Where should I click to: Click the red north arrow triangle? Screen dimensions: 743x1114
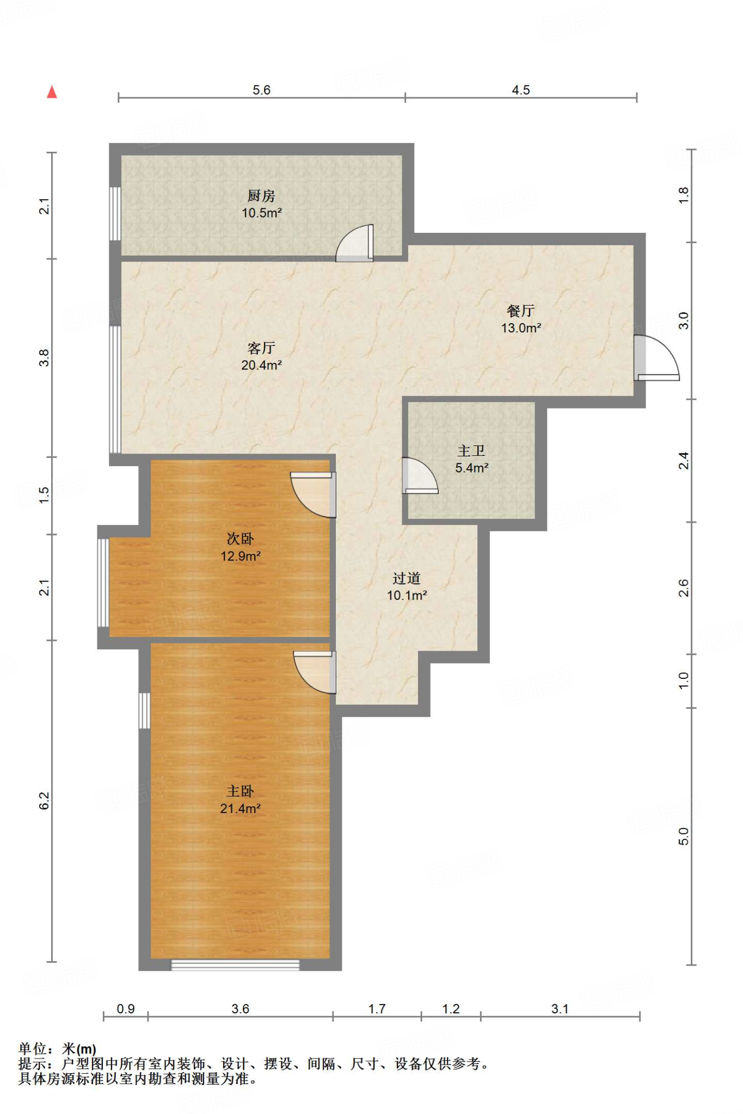tap(52, 92)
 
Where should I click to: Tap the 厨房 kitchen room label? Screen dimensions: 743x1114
tap(261, 195)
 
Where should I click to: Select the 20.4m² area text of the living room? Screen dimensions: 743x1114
tap(261, 365)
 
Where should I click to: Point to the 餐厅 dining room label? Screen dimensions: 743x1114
tap(521, 311)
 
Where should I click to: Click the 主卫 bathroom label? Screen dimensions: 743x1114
tap(471, 450)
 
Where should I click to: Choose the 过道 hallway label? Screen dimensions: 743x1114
tap(407, 578)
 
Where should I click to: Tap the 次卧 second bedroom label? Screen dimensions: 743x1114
tap(240, 539)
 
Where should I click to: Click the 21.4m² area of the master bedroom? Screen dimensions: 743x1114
tap(240, 808)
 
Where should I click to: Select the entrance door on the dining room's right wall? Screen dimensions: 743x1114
tap(656, 357)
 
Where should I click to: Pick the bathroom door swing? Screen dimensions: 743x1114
tap(420, 476)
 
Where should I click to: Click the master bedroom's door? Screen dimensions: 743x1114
tap(315, 672)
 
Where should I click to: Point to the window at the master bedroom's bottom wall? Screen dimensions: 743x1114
tap(235, 966)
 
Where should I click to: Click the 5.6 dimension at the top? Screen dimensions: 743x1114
tap(261, 90)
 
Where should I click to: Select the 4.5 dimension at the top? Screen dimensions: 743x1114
tap(521, 90)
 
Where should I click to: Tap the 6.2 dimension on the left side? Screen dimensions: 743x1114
tap(44, 801)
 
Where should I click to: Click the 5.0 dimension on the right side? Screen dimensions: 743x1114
tap(684, 837)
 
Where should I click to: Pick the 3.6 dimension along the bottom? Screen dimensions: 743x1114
tap(240, 1009)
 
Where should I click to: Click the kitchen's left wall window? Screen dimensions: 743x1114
tap(115, 214)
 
